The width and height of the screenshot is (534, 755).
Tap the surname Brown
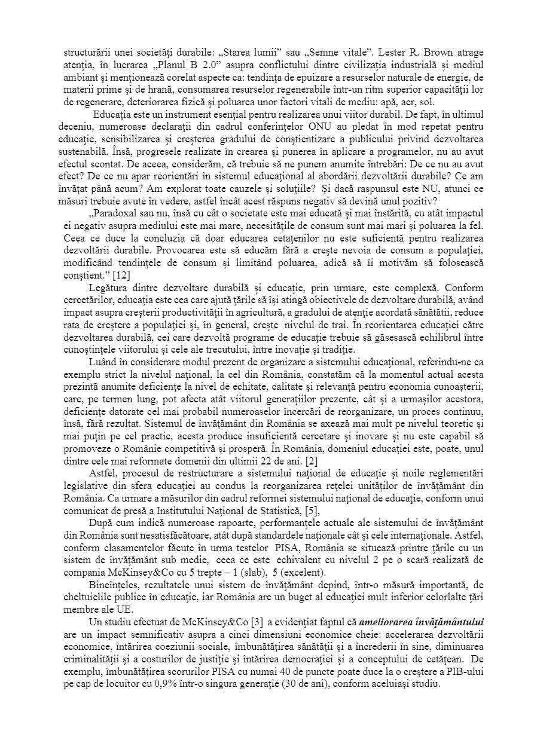(393, 52)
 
